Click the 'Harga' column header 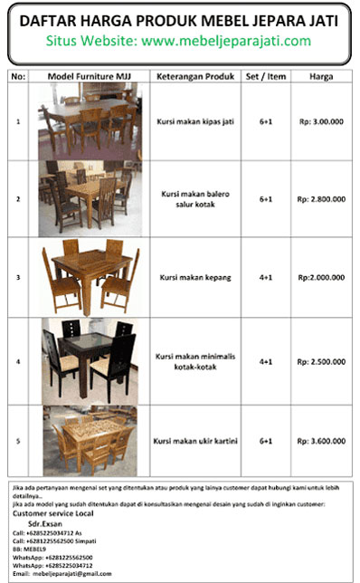click(x=321, y=76)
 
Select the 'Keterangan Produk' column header click(x=195, y=76)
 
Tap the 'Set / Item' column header click(x=266, y=76)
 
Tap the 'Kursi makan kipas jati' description click(x=195, y=120)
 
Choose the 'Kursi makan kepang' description click(x=195, y=277)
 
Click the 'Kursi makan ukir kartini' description click(x=195, y=441)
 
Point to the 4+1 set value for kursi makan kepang click(x=266, y=277)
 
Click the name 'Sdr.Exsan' click(x=44, y=523)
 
